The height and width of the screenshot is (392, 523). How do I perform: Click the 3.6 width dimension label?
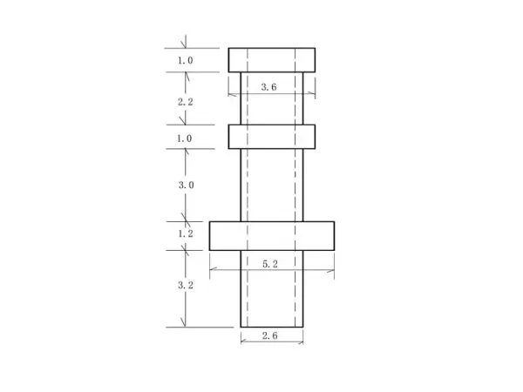(269, 87)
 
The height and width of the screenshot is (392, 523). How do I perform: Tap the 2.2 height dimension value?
(185, 102)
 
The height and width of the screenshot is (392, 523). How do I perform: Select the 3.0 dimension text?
(185, 186)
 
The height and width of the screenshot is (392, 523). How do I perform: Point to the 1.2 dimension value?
(185, 235)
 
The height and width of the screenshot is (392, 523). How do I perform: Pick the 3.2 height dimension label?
(185, 285)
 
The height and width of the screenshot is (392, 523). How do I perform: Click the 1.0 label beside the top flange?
(185, 61)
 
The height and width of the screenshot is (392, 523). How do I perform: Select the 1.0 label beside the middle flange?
(185, 138)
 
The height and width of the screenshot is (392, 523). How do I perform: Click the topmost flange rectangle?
(272, 60)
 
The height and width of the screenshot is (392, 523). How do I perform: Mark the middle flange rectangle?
(272, 137)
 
